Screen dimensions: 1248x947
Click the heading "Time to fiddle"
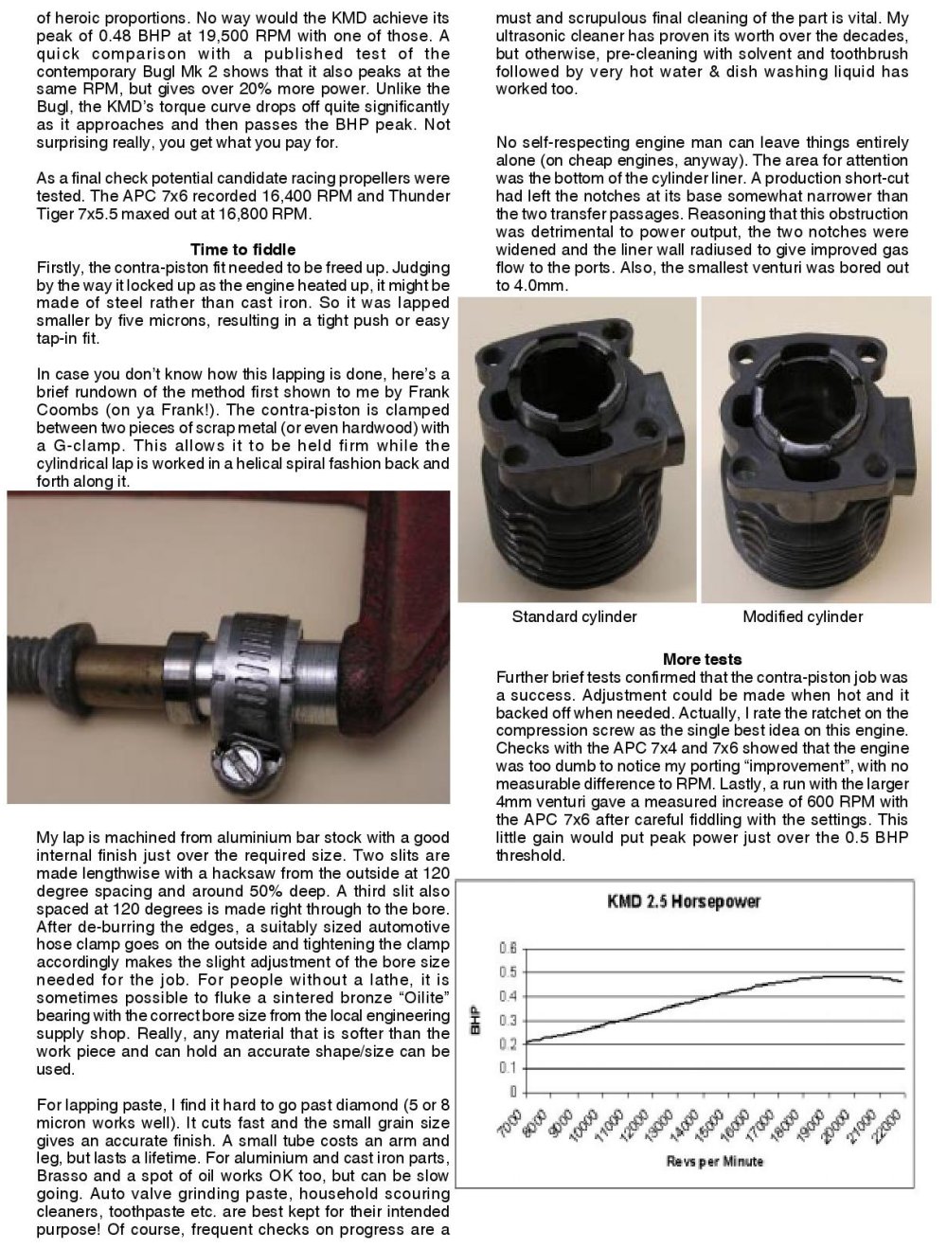(x=242, y=249)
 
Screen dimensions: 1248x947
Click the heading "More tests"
(x=702, y=659)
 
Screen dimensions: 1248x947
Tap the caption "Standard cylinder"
(x=574, y=617)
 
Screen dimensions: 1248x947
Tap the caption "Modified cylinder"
(x=802, y=617)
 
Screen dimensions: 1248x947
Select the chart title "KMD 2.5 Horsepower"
(x=685, y=901)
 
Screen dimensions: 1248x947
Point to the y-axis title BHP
(x=475, y=1021)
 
